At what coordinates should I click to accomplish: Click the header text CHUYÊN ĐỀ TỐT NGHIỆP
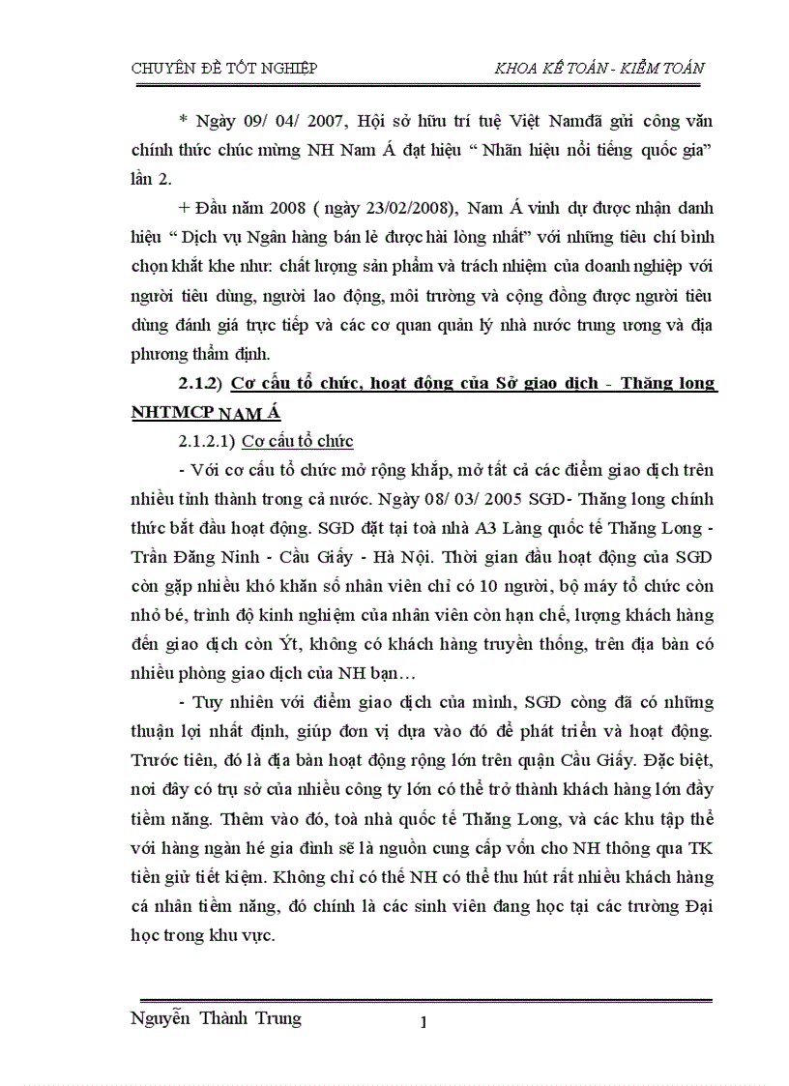point(224,68)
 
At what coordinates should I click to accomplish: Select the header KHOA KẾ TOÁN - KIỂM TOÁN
point(599,68)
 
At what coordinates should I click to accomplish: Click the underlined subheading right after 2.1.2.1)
point(297,441)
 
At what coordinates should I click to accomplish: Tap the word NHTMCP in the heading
point(171,413)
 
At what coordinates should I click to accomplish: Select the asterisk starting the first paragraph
point(183,122)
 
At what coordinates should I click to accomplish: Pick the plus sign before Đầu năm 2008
point(183,207)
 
